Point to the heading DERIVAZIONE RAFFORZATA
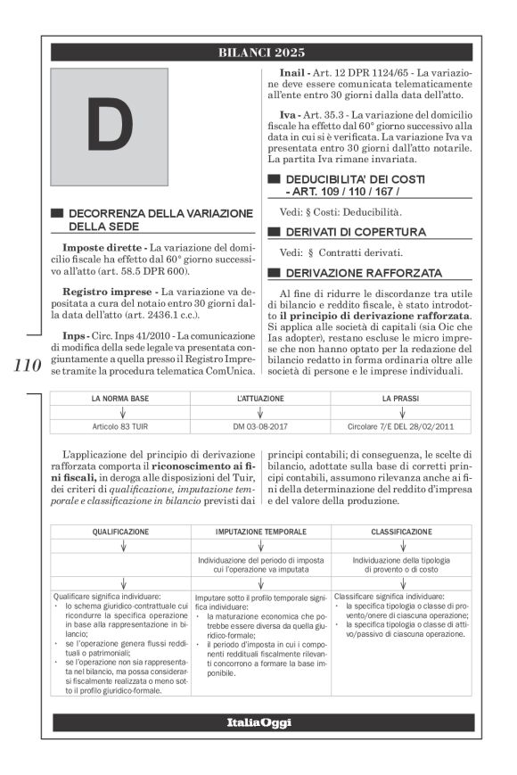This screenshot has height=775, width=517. click(363, 272)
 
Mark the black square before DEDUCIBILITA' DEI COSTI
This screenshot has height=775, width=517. click(275, 179)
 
